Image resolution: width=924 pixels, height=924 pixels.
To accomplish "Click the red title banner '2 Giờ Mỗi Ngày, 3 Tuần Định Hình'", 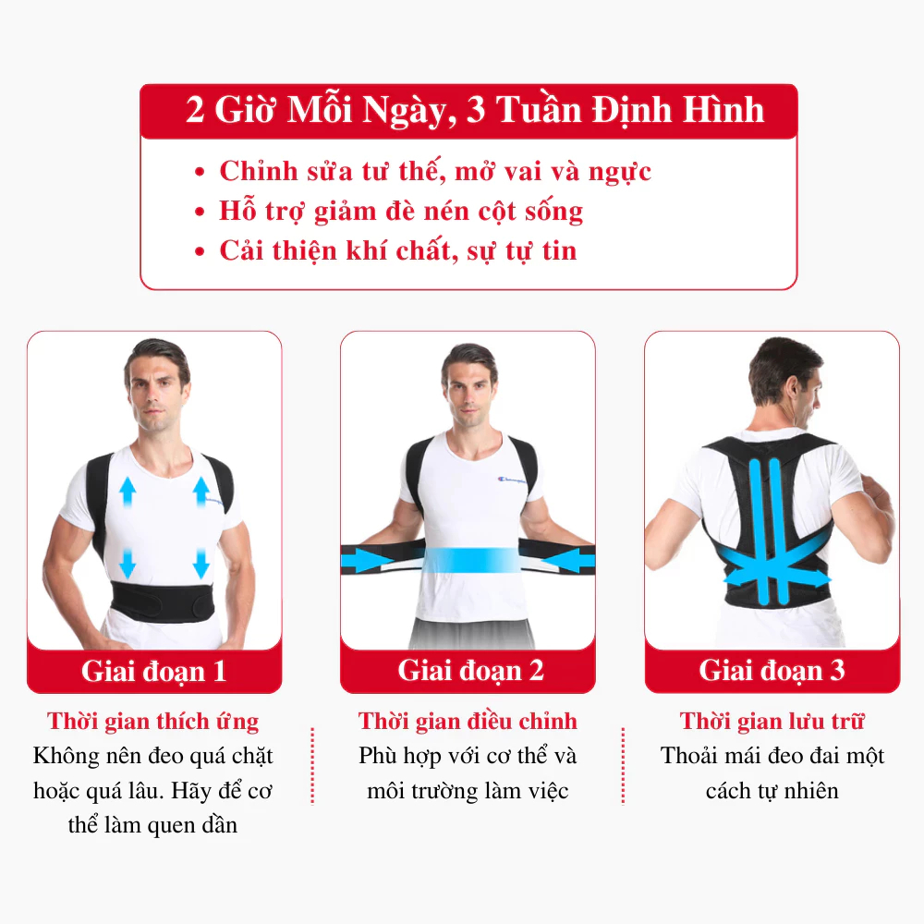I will pos(468,111).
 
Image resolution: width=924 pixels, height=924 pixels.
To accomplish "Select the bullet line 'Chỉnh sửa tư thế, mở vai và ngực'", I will pos(434,171).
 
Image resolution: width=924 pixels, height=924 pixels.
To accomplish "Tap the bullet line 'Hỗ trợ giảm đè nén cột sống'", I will pos(401,211).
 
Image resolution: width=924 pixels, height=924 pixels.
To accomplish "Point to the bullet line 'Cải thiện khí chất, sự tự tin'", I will pos(397,250).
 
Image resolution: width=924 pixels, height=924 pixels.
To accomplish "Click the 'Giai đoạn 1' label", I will pos(153,671).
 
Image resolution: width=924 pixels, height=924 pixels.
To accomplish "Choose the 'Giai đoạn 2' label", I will pos(470,670).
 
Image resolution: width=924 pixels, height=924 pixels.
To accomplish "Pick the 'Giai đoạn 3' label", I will pos(772,670).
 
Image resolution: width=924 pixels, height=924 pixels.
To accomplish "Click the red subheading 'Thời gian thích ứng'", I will pos(153,721).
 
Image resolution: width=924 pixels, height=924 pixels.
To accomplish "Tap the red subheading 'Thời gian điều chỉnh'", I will pos(468,721).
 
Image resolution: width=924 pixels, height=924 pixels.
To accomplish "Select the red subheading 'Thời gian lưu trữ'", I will pos(772,721).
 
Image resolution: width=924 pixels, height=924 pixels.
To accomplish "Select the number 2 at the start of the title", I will pos(195,111).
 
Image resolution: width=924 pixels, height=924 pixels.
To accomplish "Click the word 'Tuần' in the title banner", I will pos(538,111).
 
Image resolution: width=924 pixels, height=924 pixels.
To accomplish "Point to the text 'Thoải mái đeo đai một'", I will pos(772,756).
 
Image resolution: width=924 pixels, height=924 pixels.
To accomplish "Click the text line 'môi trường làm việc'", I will pos(468,791).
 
